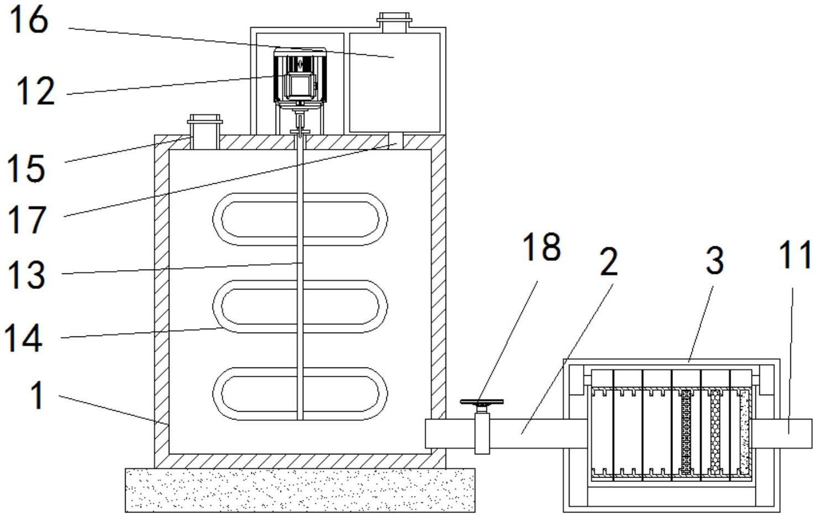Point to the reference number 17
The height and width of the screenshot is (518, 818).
click(26, 220)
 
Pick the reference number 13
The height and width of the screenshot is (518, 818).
click(26, 274)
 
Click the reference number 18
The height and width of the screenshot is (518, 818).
click(542, 247)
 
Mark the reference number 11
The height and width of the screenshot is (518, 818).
click(795, 255)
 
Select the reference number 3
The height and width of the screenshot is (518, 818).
click(715, 260)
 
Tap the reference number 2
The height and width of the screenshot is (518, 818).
click(608, 262)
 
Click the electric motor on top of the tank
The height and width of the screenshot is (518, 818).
click(300, 76)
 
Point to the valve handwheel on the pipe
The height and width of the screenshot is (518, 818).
click(482, 402)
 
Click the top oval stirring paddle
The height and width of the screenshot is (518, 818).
click(300, 219)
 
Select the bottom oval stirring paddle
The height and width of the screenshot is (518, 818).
click(300, 393)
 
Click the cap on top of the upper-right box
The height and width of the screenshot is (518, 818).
click(394, 20)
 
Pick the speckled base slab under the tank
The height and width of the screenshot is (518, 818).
click(300, 490)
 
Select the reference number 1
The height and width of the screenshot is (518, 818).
click(37, 396)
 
